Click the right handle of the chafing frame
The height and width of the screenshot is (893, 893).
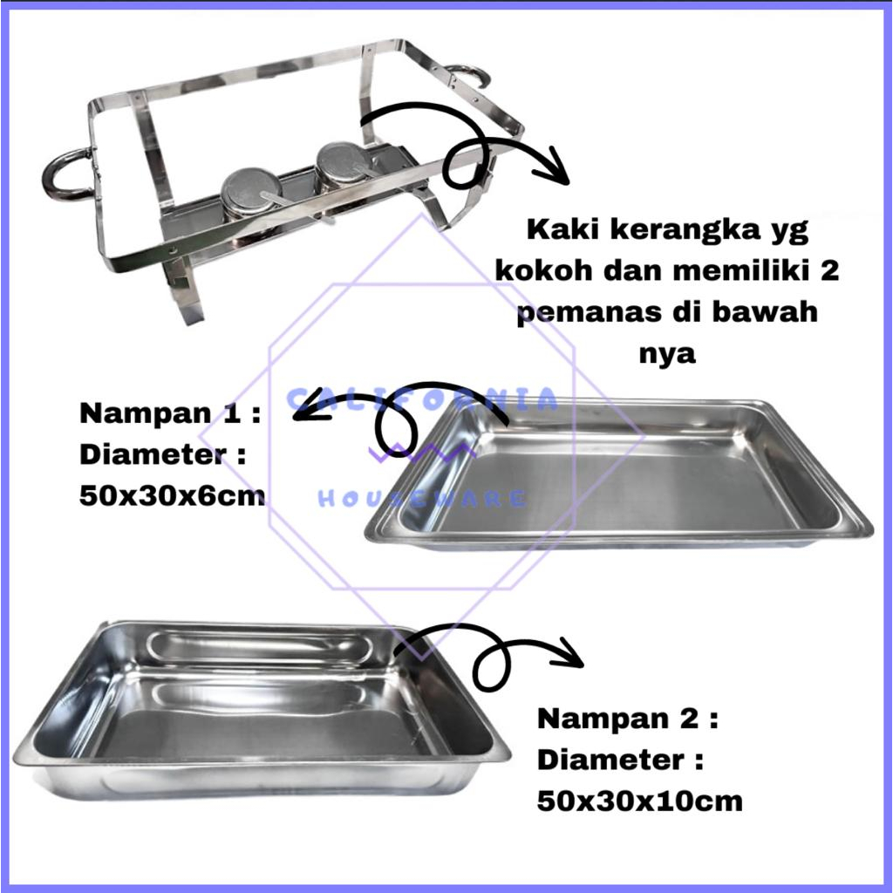(481, 73)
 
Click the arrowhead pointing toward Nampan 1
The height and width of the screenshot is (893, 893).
(310, 408)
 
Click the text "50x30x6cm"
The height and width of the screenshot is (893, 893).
(172, 496)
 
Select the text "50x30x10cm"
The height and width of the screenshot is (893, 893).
(639, 801)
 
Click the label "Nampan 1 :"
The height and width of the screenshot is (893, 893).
(170, 413)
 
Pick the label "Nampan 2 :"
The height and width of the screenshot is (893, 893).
(628, 719)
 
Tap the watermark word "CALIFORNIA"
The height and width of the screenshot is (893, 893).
(422, 399)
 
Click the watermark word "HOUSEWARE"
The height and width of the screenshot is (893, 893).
(422, 499)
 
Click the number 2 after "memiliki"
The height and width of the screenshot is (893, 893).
(830, 271)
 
